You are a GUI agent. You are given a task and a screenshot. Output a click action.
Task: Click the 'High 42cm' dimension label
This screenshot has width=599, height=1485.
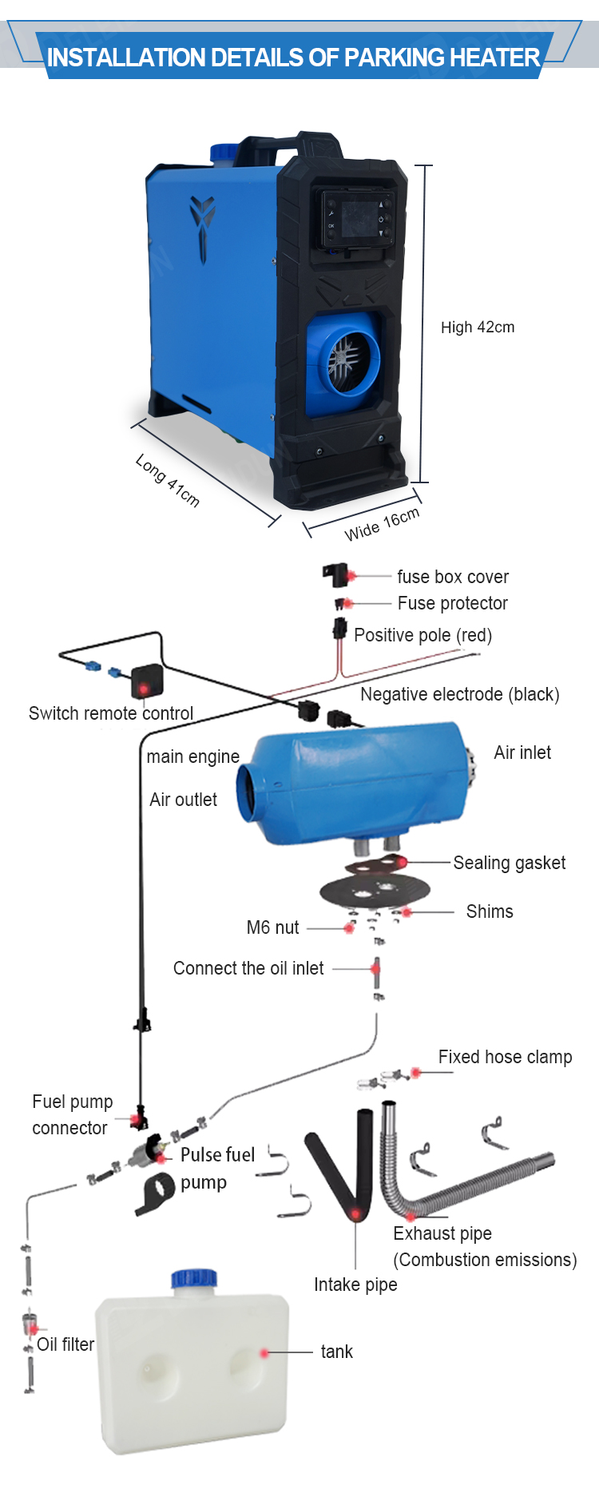pyautogui.click(x=478, y=328)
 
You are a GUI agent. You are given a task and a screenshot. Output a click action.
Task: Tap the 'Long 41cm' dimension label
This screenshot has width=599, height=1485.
pyautogui.click(x=167, y=480)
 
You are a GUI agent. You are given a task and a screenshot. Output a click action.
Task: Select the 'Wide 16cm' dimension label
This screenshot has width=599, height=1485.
pyautogui.click(x=382, y=524)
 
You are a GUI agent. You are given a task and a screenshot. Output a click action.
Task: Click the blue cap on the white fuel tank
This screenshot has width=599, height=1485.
pyautogui.click(x=194, y=1277)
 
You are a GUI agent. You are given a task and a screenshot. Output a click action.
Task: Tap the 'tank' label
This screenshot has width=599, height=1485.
pyautogui.click(x=336, y=1352)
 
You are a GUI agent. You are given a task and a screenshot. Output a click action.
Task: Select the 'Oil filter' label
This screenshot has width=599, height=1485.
pyautogui.click(x=65, y=1344)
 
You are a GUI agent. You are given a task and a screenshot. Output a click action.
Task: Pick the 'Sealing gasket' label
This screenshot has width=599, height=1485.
pyautogui.click(x=510, y=863)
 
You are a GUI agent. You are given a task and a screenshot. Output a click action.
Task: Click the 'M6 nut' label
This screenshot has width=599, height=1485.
pyautogui.click(x=273, y=927)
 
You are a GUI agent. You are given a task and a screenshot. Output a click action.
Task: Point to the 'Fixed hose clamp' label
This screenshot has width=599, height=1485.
pyautogui.click(x=506, y=1057)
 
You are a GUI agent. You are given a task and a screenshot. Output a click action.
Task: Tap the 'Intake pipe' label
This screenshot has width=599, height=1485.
pyautogui.click(x=355, y=1284)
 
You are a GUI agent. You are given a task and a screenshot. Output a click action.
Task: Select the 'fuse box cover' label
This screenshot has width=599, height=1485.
pyautogui.click(x=453, y=577)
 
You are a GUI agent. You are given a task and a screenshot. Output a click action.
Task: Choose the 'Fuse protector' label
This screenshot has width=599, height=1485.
pyautogui.click(x=453, y=603)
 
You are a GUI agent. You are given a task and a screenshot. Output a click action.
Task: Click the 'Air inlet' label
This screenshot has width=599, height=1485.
pyautogui.click(x=522, y=752)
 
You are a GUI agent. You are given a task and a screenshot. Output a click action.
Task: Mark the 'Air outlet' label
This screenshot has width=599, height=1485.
pyautogui.click(x=183, y=800)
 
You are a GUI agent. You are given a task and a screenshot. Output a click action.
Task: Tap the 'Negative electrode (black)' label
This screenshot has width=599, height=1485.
pyautogui.click(x=460, y=694)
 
